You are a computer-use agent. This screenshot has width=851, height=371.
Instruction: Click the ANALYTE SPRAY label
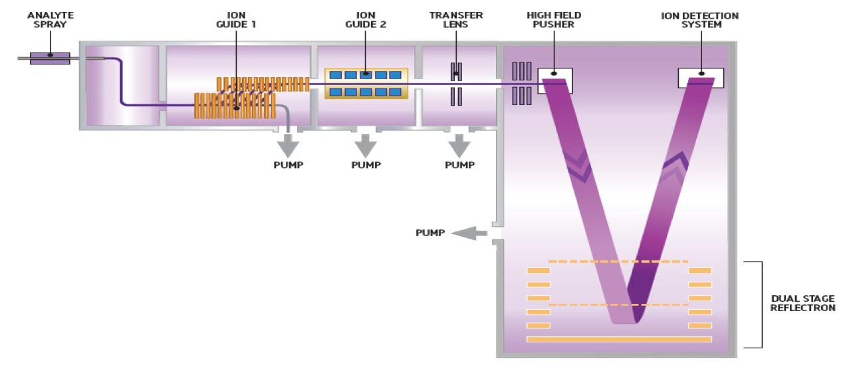[50, 20]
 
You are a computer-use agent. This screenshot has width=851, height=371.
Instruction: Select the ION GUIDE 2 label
[365, 20]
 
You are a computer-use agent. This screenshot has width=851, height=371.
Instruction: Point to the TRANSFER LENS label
[456, 20]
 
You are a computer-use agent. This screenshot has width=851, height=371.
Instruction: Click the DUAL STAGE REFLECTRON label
[802, 304]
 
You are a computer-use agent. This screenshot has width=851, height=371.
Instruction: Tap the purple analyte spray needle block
[50, 59]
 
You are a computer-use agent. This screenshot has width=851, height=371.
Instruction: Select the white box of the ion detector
[701, 77]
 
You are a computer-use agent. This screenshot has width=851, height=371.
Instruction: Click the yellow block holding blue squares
[365, 83]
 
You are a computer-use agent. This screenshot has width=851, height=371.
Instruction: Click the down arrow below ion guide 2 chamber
[365, 144]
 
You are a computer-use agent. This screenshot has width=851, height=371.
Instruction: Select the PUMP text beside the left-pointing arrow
[429, 233]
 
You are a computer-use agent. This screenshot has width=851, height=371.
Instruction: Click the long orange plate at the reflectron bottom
[619, 339]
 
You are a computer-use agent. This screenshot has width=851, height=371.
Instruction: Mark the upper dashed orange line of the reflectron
[618, 261]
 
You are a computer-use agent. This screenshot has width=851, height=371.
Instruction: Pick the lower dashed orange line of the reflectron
[618, 305]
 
